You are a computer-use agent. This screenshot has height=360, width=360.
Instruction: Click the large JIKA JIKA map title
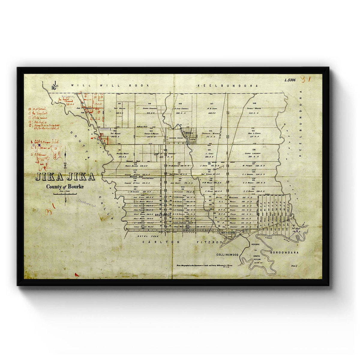(65, 177)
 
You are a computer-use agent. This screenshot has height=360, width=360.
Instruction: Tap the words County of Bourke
(65, 187)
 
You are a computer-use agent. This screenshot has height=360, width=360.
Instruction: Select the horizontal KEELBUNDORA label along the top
(228, 86)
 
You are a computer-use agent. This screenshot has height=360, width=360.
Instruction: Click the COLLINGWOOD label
(228, 255)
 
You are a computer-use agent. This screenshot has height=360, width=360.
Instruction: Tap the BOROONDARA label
(284, 253)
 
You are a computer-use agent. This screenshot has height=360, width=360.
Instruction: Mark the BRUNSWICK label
(163, 215)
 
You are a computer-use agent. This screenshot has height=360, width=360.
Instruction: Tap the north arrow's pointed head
(65, 154)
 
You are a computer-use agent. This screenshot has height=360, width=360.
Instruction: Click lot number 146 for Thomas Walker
(254, 103)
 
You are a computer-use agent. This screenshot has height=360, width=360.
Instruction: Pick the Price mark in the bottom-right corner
(294, 266)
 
